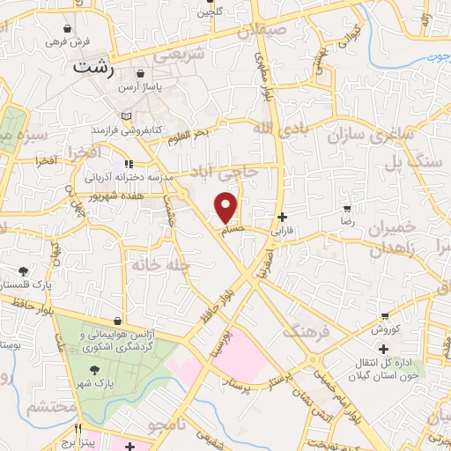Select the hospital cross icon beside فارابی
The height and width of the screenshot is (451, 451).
point(282,217)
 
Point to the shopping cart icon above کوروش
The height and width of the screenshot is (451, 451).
point(385,314)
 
